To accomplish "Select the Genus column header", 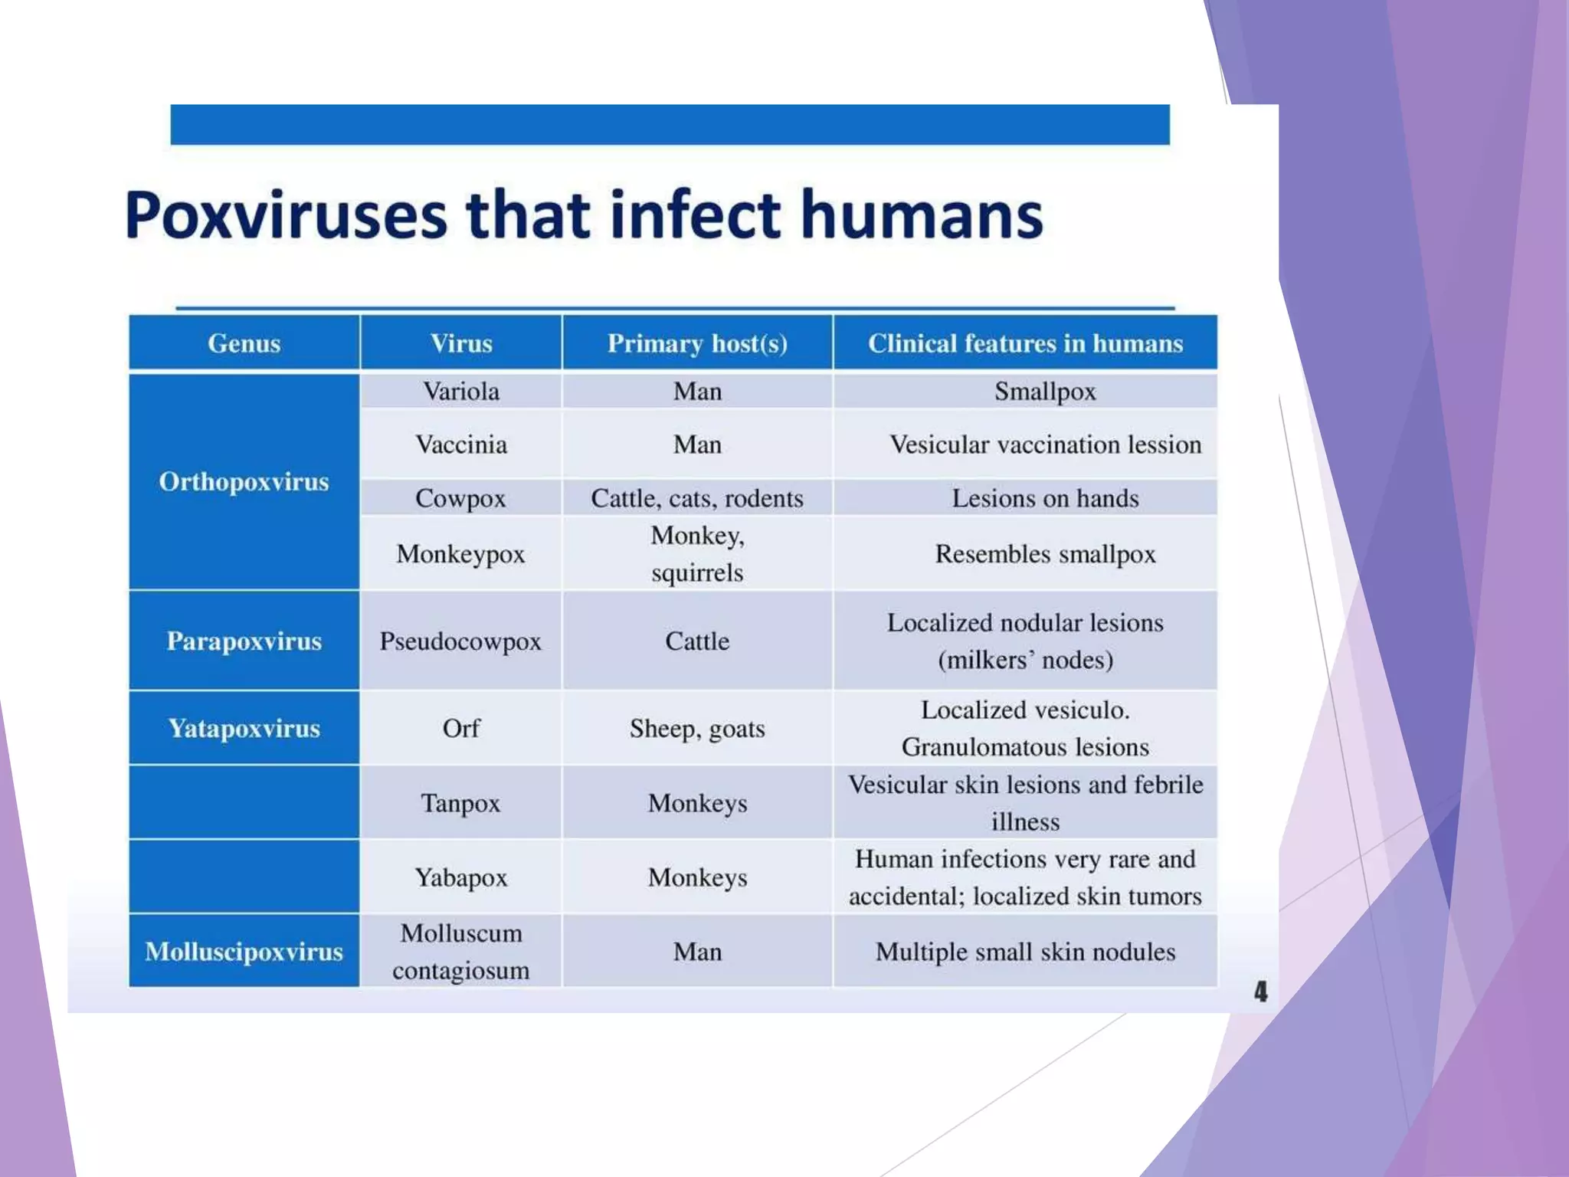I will [244, 343].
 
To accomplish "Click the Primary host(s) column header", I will [697, 343].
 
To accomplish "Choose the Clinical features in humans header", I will [1025, 343].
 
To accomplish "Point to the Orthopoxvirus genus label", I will [244, 481].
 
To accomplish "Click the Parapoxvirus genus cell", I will [244, 641].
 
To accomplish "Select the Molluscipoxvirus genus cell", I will [244, 952].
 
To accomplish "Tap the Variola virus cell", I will [461, 392].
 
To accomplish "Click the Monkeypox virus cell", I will [460, 553].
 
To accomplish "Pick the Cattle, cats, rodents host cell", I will [697, 498].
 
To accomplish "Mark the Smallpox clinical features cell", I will [1045, 392].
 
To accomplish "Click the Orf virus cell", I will [461, 728].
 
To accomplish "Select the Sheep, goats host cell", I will [697, 728].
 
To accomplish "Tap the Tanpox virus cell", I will [460, 803].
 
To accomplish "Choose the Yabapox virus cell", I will [461, 877].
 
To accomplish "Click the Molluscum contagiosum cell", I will [461, 952].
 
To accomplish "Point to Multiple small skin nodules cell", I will [1025, 952].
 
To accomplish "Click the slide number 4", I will [1260, 992].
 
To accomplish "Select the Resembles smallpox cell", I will [1045, 553].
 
